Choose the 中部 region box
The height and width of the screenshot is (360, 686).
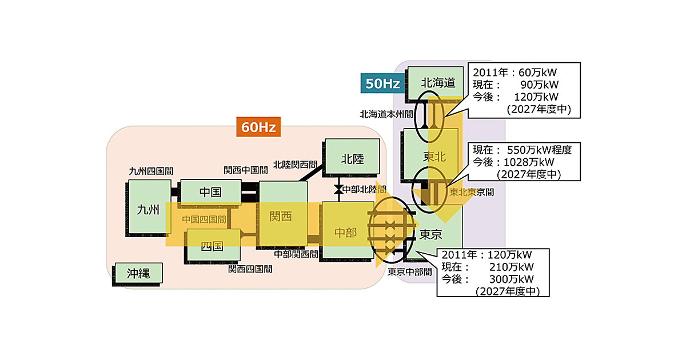345,232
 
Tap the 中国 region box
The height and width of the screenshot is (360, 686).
210,191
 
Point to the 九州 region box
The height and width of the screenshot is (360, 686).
149,209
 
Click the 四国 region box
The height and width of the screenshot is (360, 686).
212,246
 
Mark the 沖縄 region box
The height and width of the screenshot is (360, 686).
138,274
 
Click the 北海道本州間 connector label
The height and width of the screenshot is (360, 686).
386,114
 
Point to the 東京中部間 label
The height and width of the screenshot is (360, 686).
409,272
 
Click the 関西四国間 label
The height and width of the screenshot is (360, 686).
250,269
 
